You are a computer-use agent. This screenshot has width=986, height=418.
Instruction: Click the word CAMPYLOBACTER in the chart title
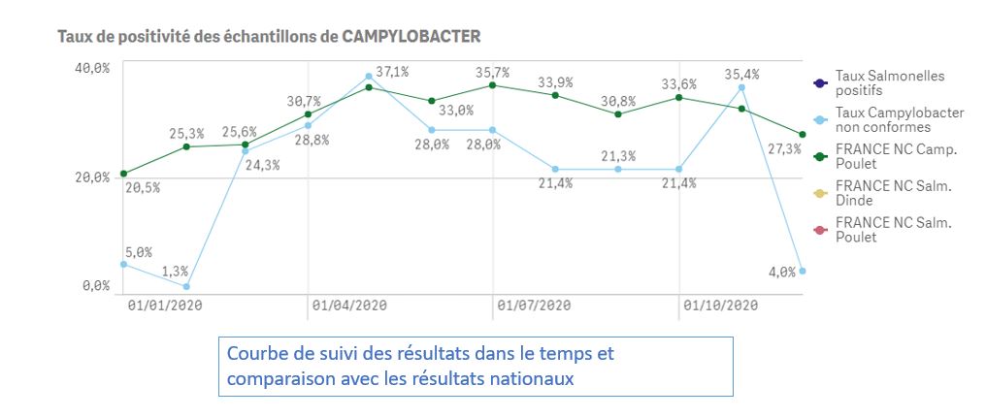[411, 36]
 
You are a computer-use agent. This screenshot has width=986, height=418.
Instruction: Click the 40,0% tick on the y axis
[93, 67]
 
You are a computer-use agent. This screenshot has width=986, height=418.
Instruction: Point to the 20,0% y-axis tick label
[93, 177]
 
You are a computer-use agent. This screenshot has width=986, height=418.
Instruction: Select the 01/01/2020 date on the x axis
[164, 306]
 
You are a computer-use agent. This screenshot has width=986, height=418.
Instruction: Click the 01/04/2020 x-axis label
[348, 306]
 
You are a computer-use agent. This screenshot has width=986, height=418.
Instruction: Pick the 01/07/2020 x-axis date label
[533, 306]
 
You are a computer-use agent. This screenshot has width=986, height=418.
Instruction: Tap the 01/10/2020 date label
[719, 306]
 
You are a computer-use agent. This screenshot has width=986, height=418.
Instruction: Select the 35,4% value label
[742, 74]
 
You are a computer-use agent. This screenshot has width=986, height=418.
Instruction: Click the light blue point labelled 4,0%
[803, 271]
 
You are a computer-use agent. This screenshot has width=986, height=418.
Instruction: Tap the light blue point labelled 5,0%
[123, 264]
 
